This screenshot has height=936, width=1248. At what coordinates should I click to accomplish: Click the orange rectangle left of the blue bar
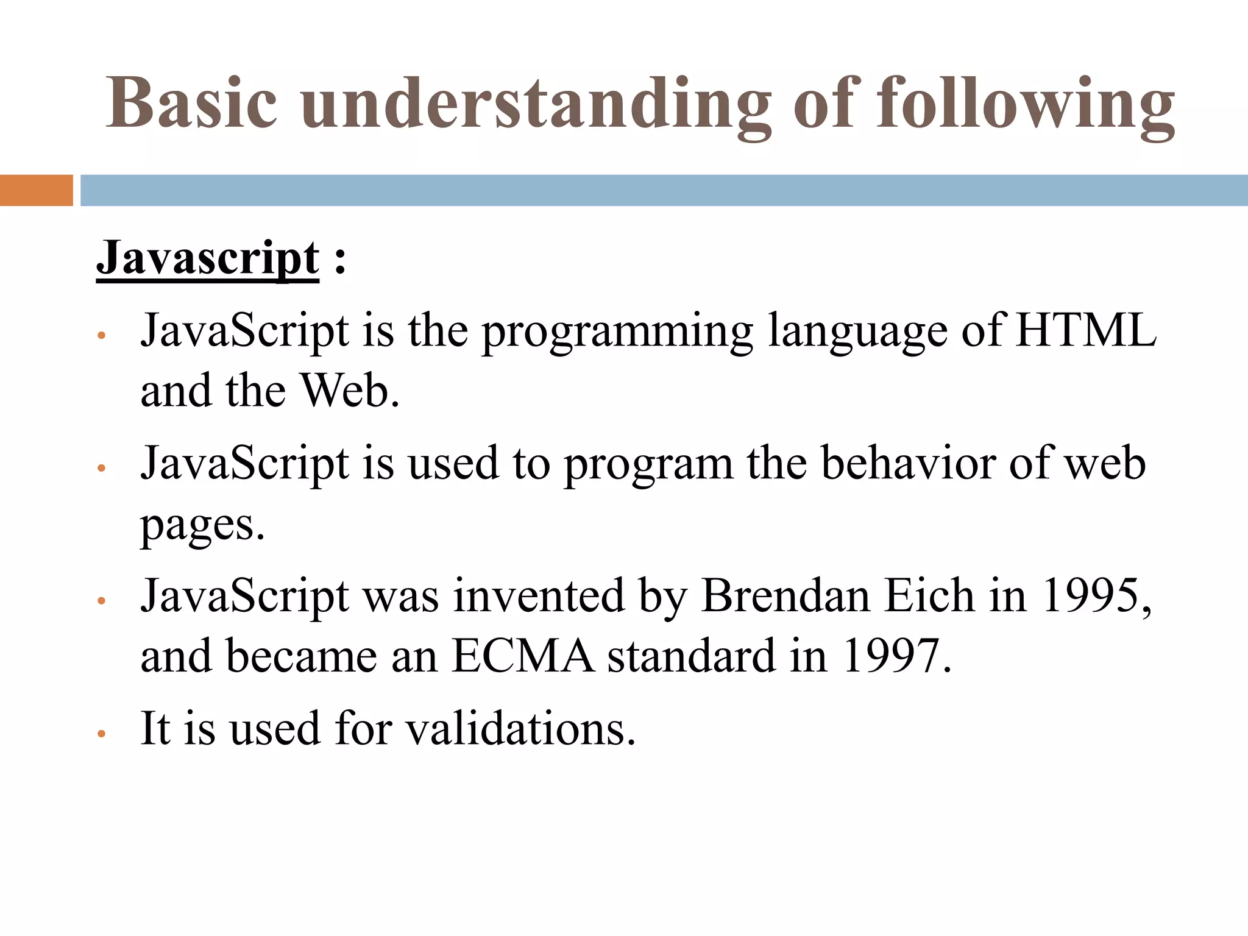tap(36, 190)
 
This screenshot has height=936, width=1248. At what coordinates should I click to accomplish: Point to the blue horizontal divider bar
tap(664, 190)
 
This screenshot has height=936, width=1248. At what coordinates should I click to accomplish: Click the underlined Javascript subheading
tap(208, 258)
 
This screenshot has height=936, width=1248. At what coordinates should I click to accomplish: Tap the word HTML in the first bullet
tap(1085, 330)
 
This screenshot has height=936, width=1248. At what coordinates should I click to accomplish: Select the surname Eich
tap(929, 595)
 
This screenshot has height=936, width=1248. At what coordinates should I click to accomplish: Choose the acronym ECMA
tap(523, 656)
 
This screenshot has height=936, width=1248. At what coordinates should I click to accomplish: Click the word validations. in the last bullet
tap(521, 728)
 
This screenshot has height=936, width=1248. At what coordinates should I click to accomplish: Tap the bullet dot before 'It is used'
tap(102, 734)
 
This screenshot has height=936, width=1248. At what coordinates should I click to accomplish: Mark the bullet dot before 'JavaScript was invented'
tap(102, 601)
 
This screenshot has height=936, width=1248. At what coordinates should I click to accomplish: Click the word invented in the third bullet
tap(539, 595)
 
